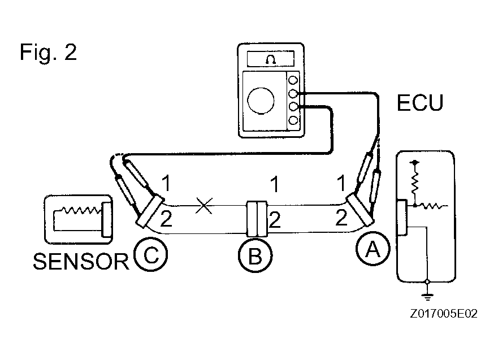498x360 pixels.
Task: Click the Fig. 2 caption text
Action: (x=48, y=52)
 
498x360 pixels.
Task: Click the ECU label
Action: (x=420, y=104)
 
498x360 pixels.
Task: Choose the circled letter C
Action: (x=150, y=257)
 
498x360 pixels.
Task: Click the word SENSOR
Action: (x=80, y=261)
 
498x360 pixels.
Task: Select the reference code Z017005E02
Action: (x=444, y=314)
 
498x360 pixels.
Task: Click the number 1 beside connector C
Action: (x=166, y=183)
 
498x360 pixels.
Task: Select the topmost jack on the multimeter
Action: (x=293, y=80)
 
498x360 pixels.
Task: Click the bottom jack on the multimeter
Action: (x=293, y=120)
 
